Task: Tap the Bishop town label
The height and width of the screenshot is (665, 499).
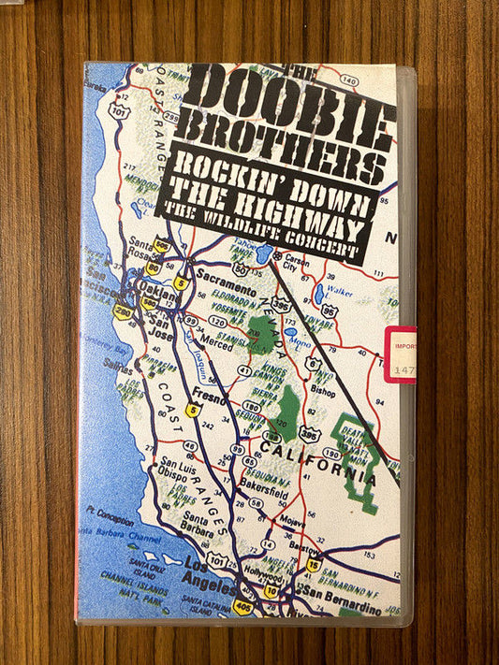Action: (x=323, y=393)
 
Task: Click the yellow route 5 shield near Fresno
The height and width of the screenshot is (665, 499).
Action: (x=193, y=410)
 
